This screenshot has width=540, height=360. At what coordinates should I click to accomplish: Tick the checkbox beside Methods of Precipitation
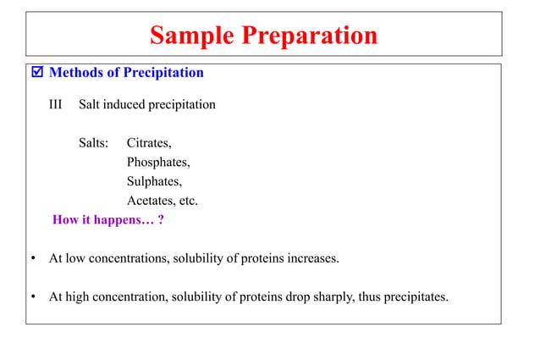[36, 73]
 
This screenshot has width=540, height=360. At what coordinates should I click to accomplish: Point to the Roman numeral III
[58, 105]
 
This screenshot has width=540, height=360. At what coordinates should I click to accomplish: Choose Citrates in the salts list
[149, 143]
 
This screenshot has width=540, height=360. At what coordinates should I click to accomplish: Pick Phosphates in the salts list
[158, 162]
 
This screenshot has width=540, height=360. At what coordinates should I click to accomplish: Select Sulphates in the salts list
[154, 181]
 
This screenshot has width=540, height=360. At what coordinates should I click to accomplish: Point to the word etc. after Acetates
[188, 201]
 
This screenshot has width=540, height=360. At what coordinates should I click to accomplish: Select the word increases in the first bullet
[312, 258]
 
